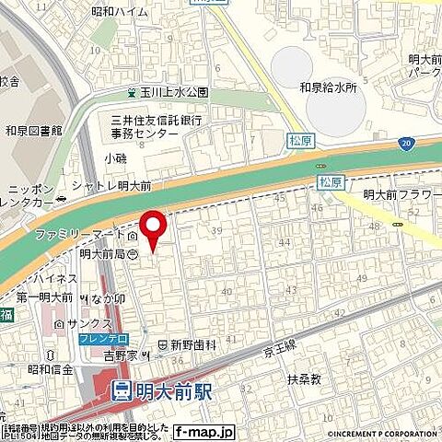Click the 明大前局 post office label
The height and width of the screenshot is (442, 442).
tap(101, 253)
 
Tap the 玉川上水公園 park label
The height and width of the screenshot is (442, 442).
tap(174, 93)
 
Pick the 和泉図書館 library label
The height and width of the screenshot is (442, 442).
tap(32, 130)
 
